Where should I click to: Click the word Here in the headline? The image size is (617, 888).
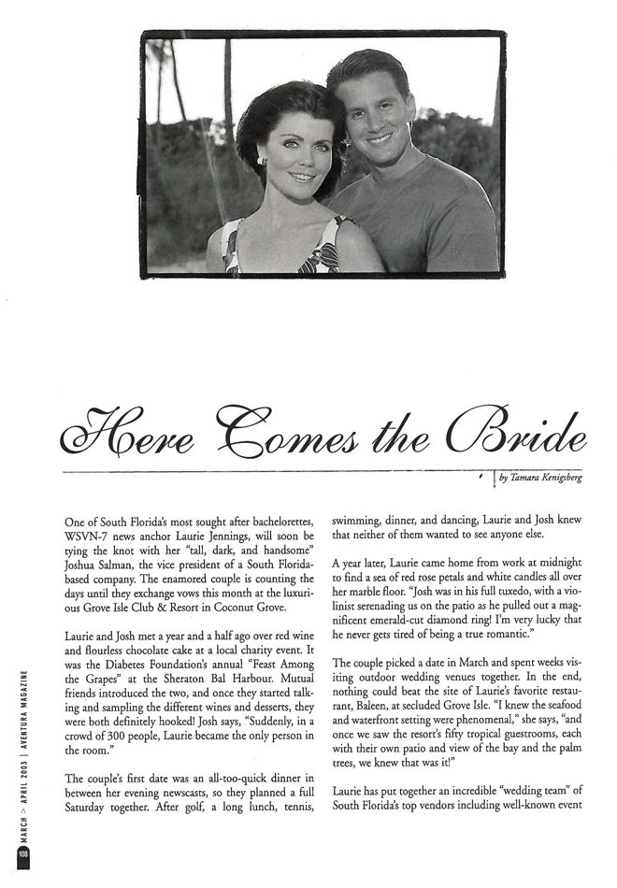112,428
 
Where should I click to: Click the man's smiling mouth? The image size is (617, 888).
380,138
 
